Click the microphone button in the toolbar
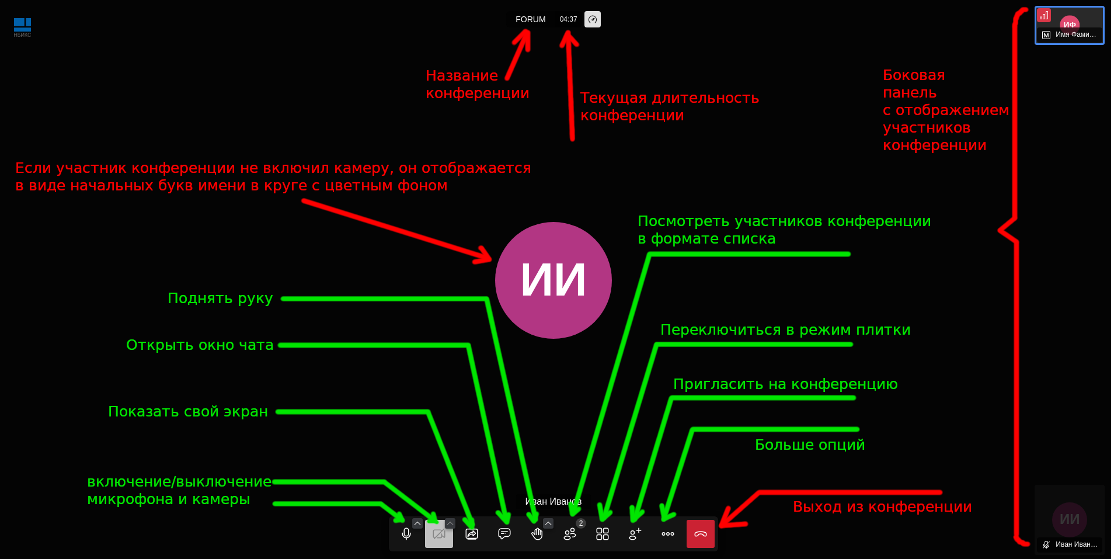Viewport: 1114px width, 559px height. (406, 534)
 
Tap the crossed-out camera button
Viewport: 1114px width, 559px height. (439, 534)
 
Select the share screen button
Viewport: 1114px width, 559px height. (472, 534)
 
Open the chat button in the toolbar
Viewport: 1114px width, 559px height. (504, 534)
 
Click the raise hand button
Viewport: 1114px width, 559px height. (537, 534)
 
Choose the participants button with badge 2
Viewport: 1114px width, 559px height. (570, 534)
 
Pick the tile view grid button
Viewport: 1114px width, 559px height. (603, 534)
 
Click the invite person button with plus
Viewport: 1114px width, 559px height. (635, 534)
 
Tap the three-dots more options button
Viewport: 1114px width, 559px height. (668, 534)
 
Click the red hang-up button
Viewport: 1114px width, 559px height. (701, 534)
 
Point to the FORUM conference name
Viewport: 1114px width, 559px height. (530, 19)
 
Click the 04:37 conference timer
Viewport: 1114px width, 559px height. (568, 19)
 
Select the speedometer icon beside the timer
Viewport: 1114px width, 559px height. (593, 19)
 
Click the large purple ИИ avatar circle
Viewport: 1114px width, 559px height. (553, 280)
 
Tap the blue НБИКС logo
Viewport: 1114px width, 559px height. (22, 26)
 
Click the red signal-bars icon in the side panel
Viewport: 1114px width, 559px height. (1044, 16)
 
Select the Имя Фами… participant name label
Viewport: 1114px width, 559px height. (1075, 34)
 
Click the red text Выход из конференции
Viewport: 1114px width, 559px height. (882, 507)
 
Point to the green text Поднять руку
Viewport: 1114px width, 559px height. (220, 298)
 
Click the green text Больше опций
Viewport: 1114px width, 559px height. (810, 445)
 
